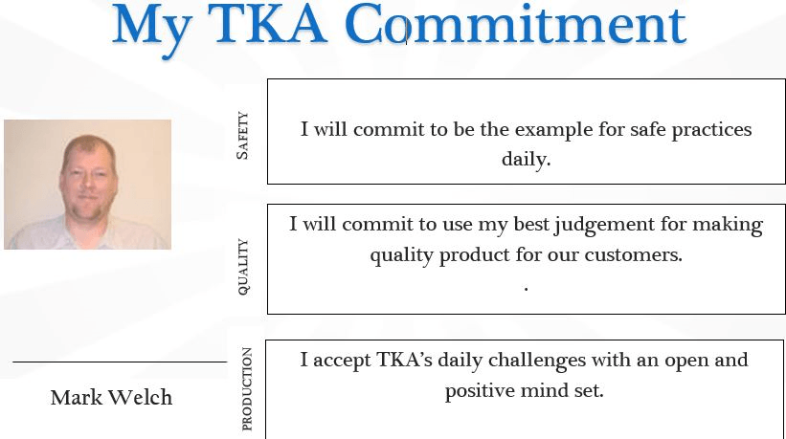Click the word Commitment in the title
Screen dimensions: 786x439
[515, 24]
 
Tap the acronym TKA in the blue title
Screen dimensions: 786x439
[267, 24]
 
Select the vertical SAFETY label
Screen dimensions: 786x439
[242, 135]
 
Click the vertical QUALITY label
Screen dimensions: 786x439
[242, 267]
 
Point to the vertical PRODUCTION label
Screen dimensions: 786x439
[247, 389]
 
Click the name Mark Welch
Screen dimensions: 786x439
[111, 398]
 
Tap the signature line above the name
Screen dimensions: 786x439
[120, 362]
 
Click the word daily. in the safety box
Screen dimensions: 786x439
[526, 159]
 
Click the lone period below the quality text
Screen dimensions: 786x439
[526, 288]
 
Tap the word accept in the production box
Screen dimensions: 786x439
[342, 362]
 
